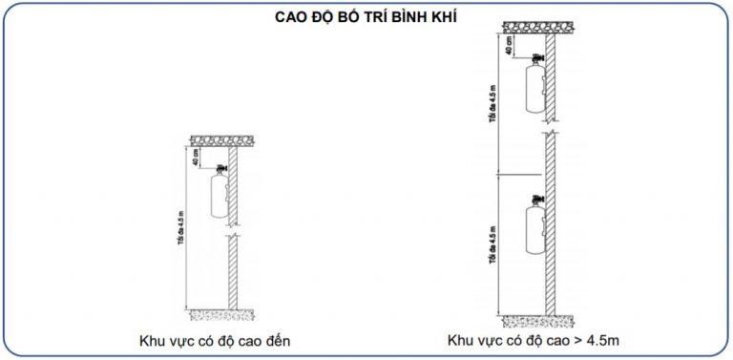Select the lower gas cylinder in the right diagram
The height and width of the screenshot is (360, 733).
pyautogui.click(x=531, y=231)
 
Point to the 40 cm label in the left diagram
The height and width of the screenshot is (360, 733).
pyautogui.click(x=197, y=156)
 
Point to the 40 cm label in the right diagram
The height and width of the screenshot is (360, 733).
pyautogui.click(x=513, y=44)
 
